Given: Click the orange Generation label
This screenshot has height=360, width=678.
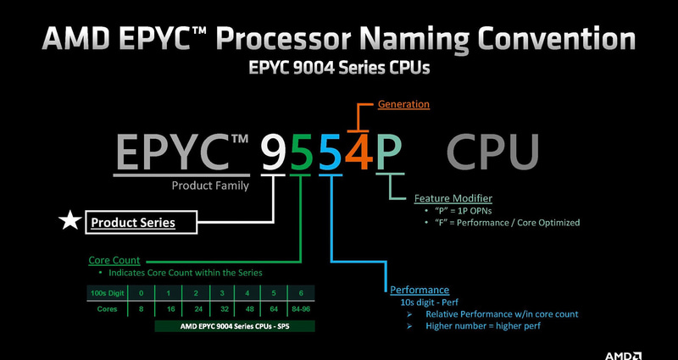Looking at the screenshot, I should tap(403, 104).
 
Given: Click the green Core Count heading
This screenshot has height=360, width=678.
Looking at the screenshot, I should tap(114, 260).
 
